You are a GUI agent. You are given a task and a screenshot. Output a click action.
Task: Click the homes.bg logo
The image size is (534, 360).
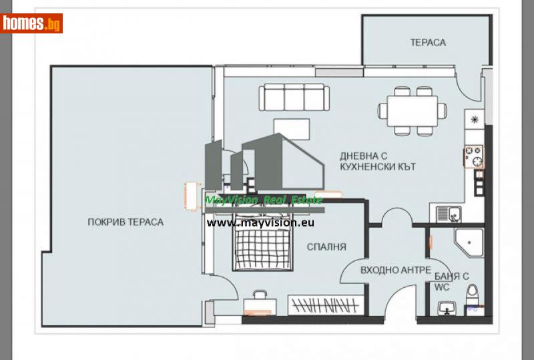(x=31, y=23)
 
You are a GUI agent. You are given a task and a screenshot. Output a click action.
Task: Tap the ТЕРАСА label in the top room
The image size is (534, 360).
(x=428, y=43)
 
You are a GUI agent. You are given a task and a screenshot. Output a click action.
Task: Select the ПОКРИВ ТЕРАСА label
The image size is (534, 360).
(x=125, y=222)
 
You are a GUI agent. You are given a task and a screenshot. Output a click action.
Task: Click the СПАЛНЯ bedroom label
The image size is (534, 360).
(x=326, y=246)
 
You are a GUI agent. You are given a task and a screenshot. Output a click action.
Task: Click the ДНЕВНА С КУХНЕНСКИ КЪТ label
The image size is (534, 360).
(x=377, y=161)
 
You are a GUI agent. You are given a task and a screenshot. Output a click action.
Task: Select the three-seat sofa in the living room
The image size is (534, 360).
(x=294, y=98)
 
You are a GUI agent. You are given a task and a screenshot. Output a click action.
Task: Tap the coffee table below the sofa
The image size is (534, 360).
(x=292, y=128)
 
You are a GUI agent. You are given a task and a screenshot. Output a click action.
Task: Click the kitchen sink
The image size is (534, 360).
(x=448, y=214)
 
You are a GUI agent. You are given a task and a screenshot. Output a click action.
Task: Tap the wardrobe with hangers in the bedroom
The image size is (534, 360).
(x=326, y=306)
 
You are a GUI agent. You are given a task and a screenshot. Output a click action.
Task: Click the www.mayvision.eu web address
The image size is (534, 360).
(x=260, y=223)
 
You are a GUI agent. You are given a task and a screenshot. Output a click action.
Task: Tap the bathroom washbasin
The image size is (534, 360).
(x=445, y=308)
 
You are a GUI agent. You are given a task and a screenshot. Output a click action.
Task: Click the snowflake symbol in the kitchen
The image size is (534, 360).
(x=475, y=120)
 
